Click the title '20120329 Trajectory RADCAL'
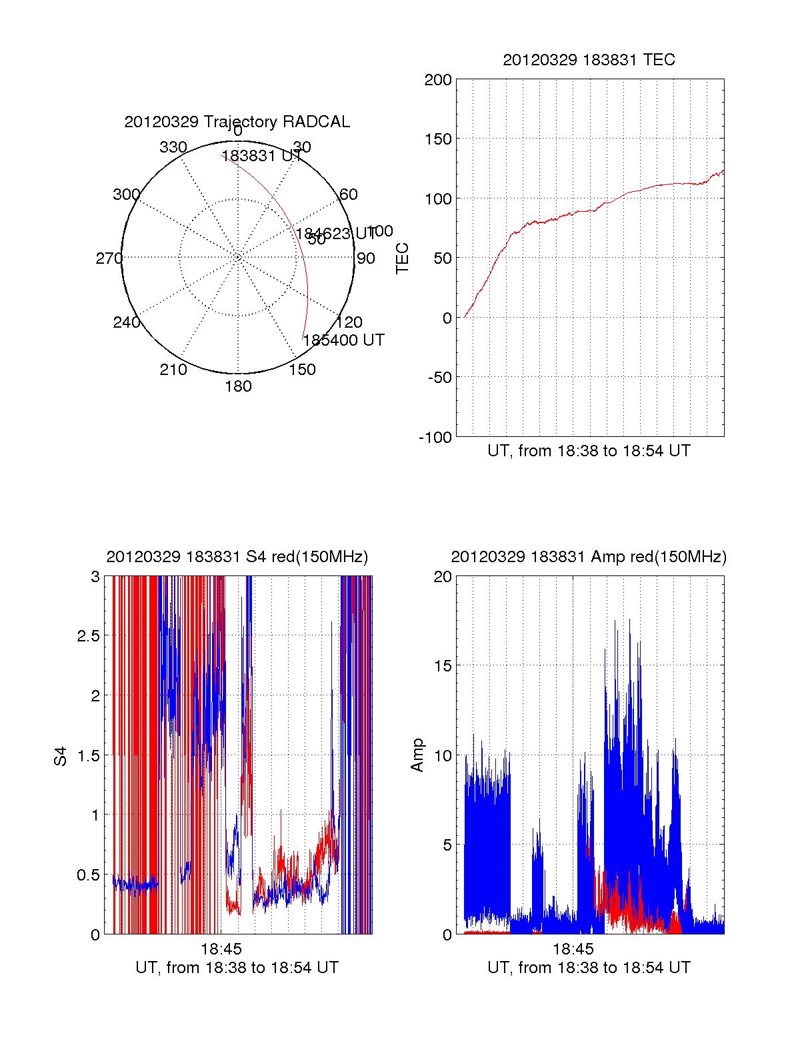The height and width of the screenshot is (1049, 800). (237, 122)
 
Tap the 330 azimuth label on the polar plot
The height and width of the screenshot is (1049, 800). (173, 147)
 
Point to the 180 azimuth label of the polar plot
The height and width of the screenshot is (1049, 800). (238, 386)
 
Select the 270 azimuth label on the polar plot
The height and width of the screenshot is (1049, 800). (109, 258)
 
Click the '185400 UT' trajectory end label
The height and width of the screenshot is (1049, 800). (343, 340)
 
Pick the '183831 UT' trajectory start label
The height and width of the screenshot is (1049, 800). (261, 156)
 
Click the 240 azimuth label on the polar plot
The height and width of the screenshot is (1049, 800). (126, 322)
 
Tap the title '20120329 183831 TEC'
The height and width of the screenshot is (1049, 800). (589, 60)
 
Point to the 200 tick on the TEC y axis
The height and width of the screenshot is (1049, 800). (438, 81)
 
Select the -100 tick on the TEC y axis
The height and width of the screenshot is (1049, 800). (435, 438)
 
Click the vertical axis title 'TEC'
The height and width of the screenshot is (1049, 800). (403, 258)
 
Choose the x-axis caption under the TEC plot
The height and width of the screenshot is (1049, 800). (589, 451)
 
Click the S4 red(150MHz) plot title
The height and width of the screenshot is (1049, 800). (237, 557)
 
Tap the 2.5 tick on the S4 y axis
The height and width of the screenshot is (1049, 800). (89, 636)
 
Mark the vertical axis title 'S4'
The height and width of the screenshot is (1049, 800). (61, 756)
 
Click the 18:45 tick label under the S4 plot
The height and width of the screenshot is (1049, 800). (221, 949)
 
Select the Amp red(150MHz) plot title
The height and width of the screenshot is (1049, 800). (589, 557)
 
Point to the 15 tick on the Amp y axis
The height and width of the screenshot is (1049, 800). (443, 666)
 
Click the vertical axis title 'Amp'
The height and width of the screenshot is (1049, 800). (417, 755)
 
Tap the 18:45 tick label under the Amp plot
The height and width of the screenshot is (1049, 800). (573, 949)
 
